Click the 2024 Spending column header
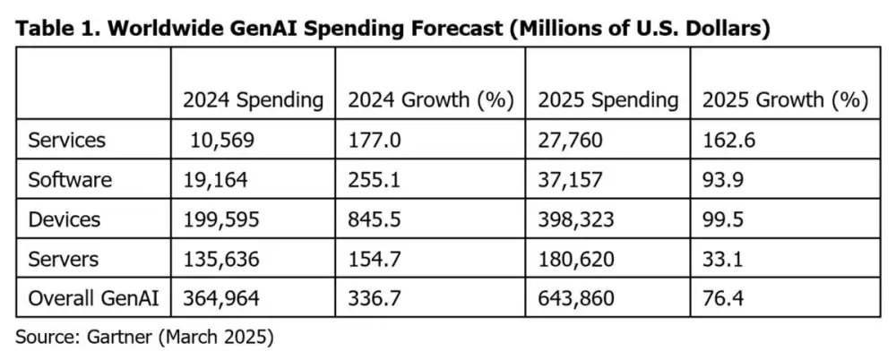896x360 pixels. coord(253,100)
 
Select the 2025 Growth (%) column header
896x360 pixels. coord(785,100)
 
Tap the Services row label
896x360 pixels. coord(67,140)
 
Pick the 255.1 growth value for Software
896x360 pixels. coord(373,179)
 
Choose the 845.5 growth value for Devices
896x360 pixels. coord(373,219)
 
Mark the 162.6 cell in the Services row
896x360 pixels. coord(726,140)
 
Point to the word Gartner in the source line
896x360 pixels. coord(116,338)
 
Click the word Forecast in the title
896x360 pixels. coord(456,28)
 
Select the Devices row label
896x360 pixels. coord(65,219)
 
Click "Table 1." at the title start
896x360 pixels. coord(52,28)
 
